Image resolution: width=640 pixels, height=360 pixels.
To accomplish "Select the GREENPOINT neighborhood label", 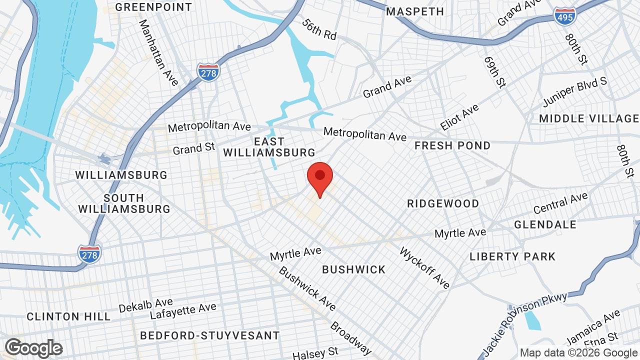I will click(153, 7).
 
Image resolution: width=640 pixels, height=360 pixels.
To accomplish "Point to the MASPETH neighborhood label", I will click(415, 11).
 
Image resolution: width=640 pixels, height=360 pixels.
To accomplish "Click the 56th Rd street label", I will click(319, 29).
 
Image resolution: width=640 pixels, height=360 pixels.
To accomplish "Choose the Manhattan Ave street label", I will click(158, 52).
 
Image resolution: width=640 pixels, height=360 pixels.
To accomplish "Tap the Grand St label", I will click(194, 148).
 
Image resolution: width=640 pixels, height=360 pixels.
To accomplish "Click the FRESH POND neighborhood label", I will click(452, 145).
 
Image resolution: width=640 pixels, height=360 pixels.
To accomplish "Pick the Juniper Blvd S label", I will click(575, 92).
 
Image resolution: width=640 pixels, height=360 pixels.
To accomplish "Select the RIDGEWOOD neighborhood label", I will click(443, 203).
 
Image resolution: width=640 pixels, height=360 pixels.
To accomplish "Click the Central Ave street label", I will click(560, 203).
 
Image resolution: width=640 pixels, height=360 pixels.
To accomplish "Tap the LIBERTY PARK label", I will click(512, 256).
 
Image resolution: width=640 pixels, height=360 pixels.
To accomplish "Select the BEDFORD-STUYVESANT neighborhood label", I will click(209, 335).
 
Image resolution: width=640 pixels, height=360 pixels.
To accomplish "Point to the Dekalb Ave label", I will click(146, 305).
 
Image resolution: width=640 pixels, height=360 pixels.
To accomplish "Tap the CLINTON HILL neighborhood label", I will click(68, 316).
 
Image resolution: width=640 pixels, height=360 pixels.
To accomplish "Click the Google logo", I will click(34, 348).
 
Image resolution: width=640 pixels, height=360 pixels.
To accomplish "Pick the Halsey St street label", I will click(315, 353).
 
